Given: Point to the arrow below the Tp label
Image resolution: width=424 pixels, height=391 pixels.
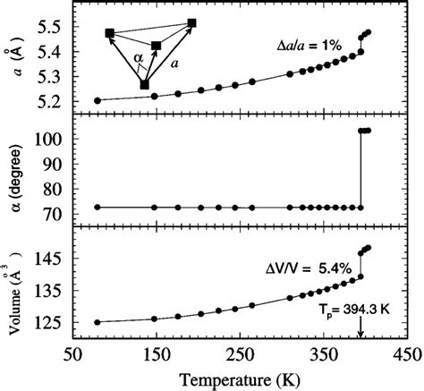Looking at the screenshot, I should pyautogui.click(x=360, y=331).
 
